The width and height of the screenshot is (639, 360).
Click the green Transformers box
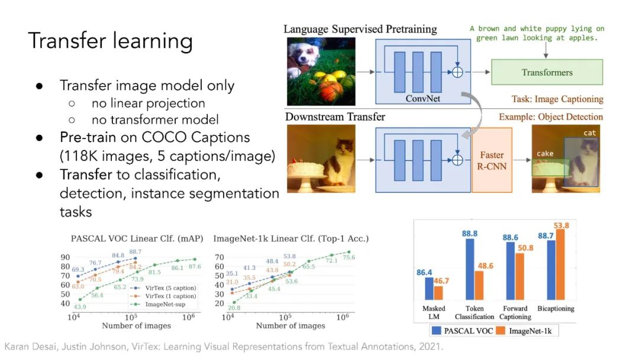tap(547, 72)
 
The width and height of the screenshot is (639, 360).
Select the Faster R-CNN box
tap(492, 160)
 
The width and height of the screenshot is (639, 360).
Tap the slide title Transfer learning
tap(111, 41)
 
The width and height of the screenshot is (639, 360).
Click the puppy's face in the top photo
tap(304, 54)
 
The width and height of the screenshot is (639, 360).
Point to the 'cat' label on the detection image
tap(589, 133)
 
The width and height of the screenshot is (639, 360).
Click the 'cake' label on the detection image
tap(545, 153)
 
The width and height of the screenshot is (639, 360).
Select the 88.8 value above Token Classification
tap(469, 234)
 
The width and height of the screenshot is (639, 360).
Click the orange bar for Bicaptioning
tap(560, 265)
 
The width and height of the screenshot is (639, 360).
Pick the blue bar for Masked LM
tap(429, 289)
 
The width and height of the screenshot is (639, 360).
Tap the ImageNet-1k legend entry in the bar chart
tap(524, 330)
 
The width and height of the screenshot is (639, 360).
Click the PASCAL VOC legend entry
tap(463, 330)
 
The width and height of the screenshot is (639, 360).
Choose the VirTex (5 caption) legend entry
tap(163, 288)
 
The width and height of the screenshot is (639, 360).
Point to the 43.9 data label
tap(80, 307)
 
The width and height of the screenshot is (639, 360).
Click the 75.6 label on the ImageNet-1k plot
tap(349, 257)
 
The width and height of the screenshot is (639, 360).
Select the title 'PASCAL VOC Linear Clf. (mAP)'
tap(137, 239)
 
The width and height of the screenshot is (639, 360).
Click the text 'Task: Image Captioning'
tap(557, 99)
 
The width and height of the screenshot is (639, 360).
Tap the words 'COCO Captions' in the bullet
tap(196, 137)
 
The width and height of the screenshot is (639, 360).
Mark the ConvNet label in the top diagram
tap(422, 98)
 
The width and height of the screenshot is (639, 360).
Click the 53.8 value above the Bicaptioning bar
tap(561, 226)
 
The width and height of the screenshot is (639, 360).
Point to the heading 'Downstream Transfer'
tap(335, 117)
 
